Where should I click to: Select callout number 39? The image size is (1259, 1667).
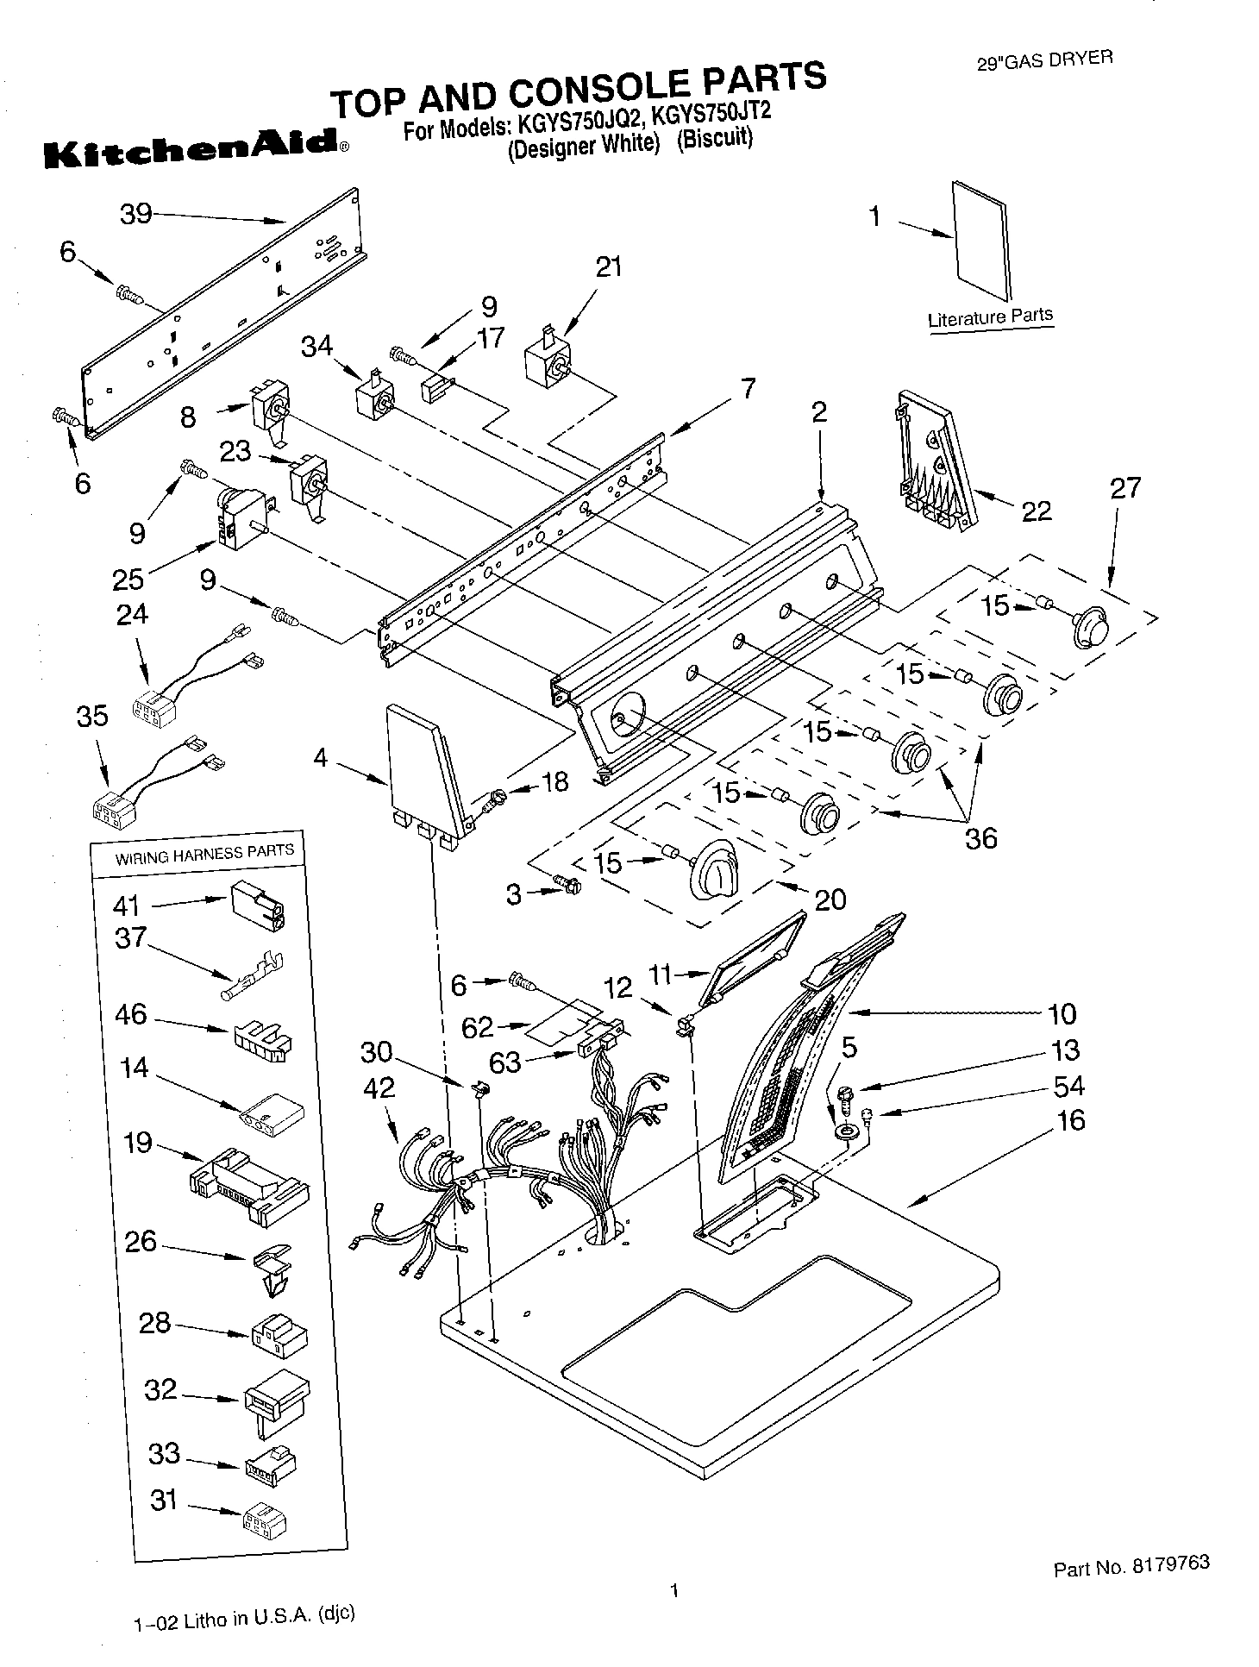[136, 213]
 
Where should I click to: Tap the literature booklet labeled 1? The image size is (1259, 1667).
[983, 243]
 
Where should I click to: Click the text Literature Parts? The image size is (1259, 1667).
[990, 316]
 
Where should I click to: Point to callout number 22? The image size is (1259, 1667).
[1036, 511]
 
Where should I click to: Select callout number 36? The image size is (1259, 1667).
[980, 837]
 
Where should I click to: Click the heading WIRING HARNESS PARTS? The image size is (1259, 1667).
[204, 853]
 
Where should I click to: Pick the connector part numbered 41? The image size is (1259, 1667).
[257, 905]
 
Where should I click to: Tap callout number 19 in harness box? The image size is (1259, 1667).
[138, 1143]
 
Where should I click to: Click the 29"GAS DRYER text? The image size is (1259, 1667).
[1044, 60]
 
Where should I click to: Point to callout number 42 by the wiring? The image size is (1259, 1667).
[379, 1088]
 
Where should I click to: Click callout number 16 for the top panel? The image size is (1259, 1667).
[1070, 1121]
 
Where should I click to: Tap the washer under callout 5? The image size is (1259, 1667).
[844, 1130]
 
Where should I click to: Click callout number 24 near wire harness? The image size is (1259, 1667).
[132, 615]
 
